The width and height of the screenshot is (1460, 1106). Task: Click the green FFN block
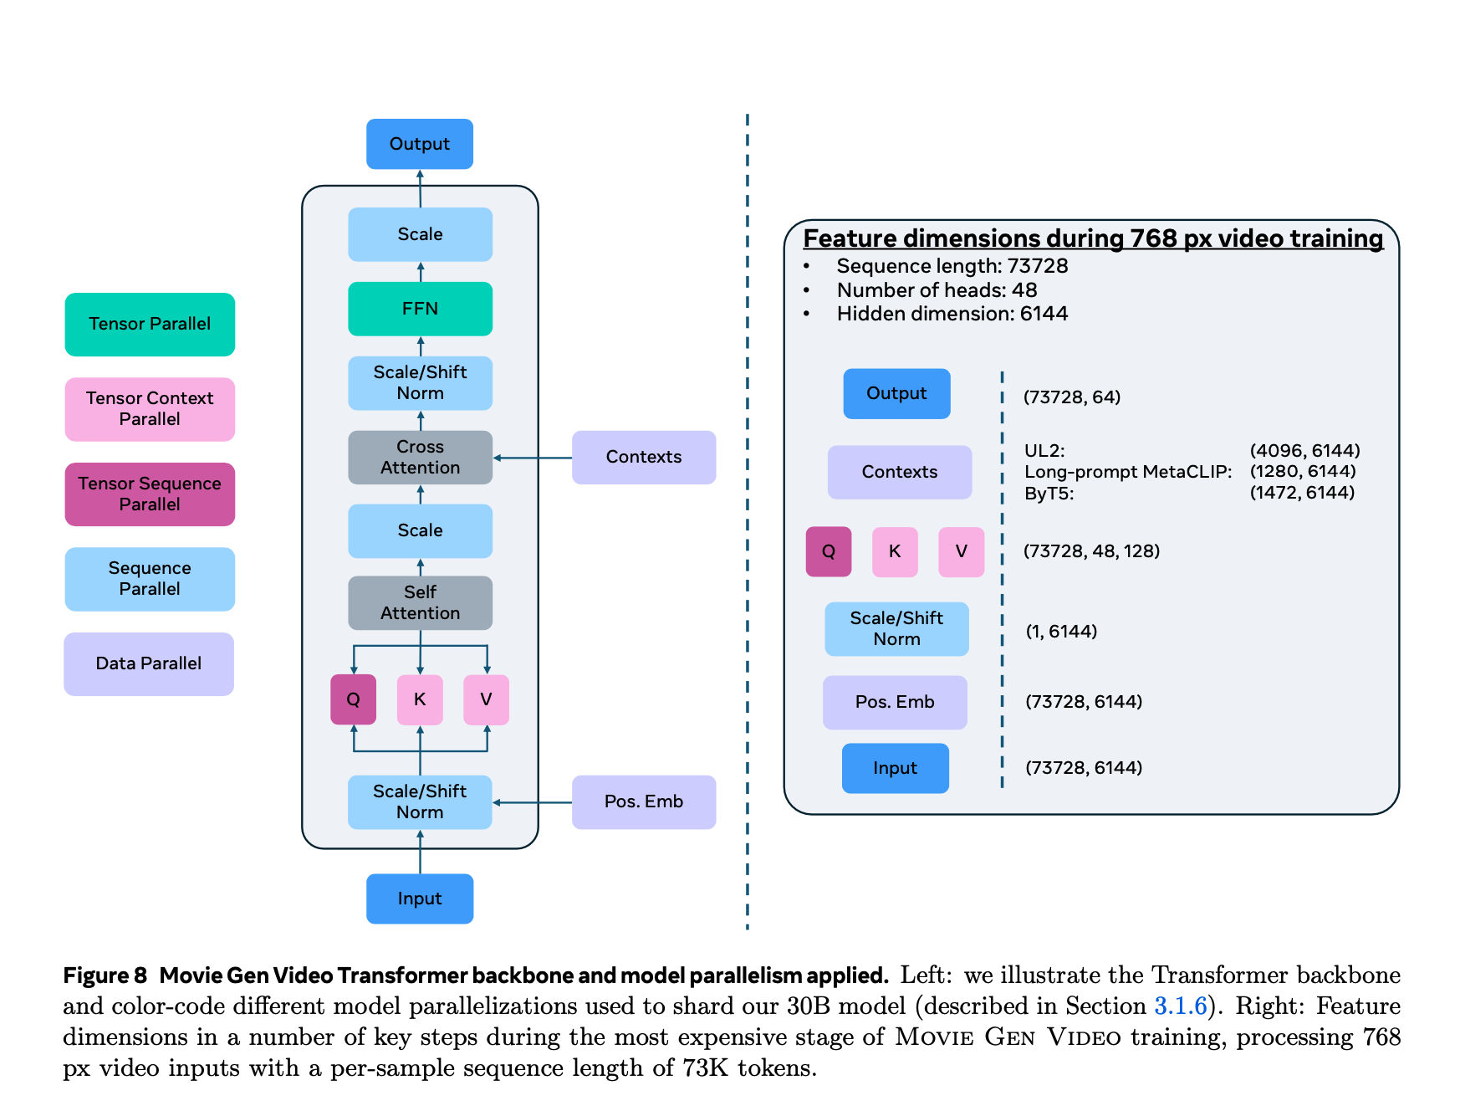[x=420, y=309]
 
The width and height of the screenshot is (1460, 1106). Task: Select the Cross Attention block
[x=420, y=458]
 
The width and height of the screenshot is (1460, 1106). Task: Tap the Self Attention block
[x=420, y=603]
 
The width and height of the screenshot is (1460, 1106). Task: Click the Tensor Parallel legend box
[x=150, y=325]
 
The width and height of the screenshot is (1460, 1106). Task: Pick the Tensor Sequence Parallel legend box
[x=150, y=494]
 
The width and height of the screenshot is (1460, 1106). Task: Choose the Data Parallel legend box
[x=149, y=664]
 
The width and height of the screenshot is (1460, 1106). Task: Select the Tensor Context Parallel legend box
[x=150, y=409]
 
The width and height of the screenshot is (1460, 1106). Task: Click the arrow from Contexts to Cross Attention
[x=533, y=458]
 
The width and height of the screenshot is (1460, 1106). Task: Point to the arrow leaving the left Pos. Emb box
[x=533, y=802]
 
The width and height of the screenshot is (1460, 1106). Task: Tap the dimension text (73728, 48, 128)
[x=1091, y=551]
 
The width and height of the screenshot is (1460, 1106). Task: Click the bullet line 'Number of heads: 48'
[x=937, y=290]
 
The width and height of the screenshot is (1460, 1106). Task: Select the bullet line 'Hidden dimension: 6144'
[x=952, y=314]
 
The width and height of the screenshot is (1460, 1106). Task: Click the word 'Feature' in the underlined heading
[x=850, y=238]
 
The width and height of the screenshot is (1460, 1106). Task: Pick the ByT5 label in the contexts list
[x=1049, y=494]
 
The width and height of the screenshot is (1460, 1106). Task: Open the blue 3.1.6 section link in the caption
[x=1180, y=1006]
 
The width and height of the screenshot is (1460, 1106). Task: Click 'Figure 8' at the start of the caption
[x=105, y=975]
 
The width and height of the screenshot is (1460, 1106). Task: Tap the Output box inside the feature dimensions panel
[x=896, y=394]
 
